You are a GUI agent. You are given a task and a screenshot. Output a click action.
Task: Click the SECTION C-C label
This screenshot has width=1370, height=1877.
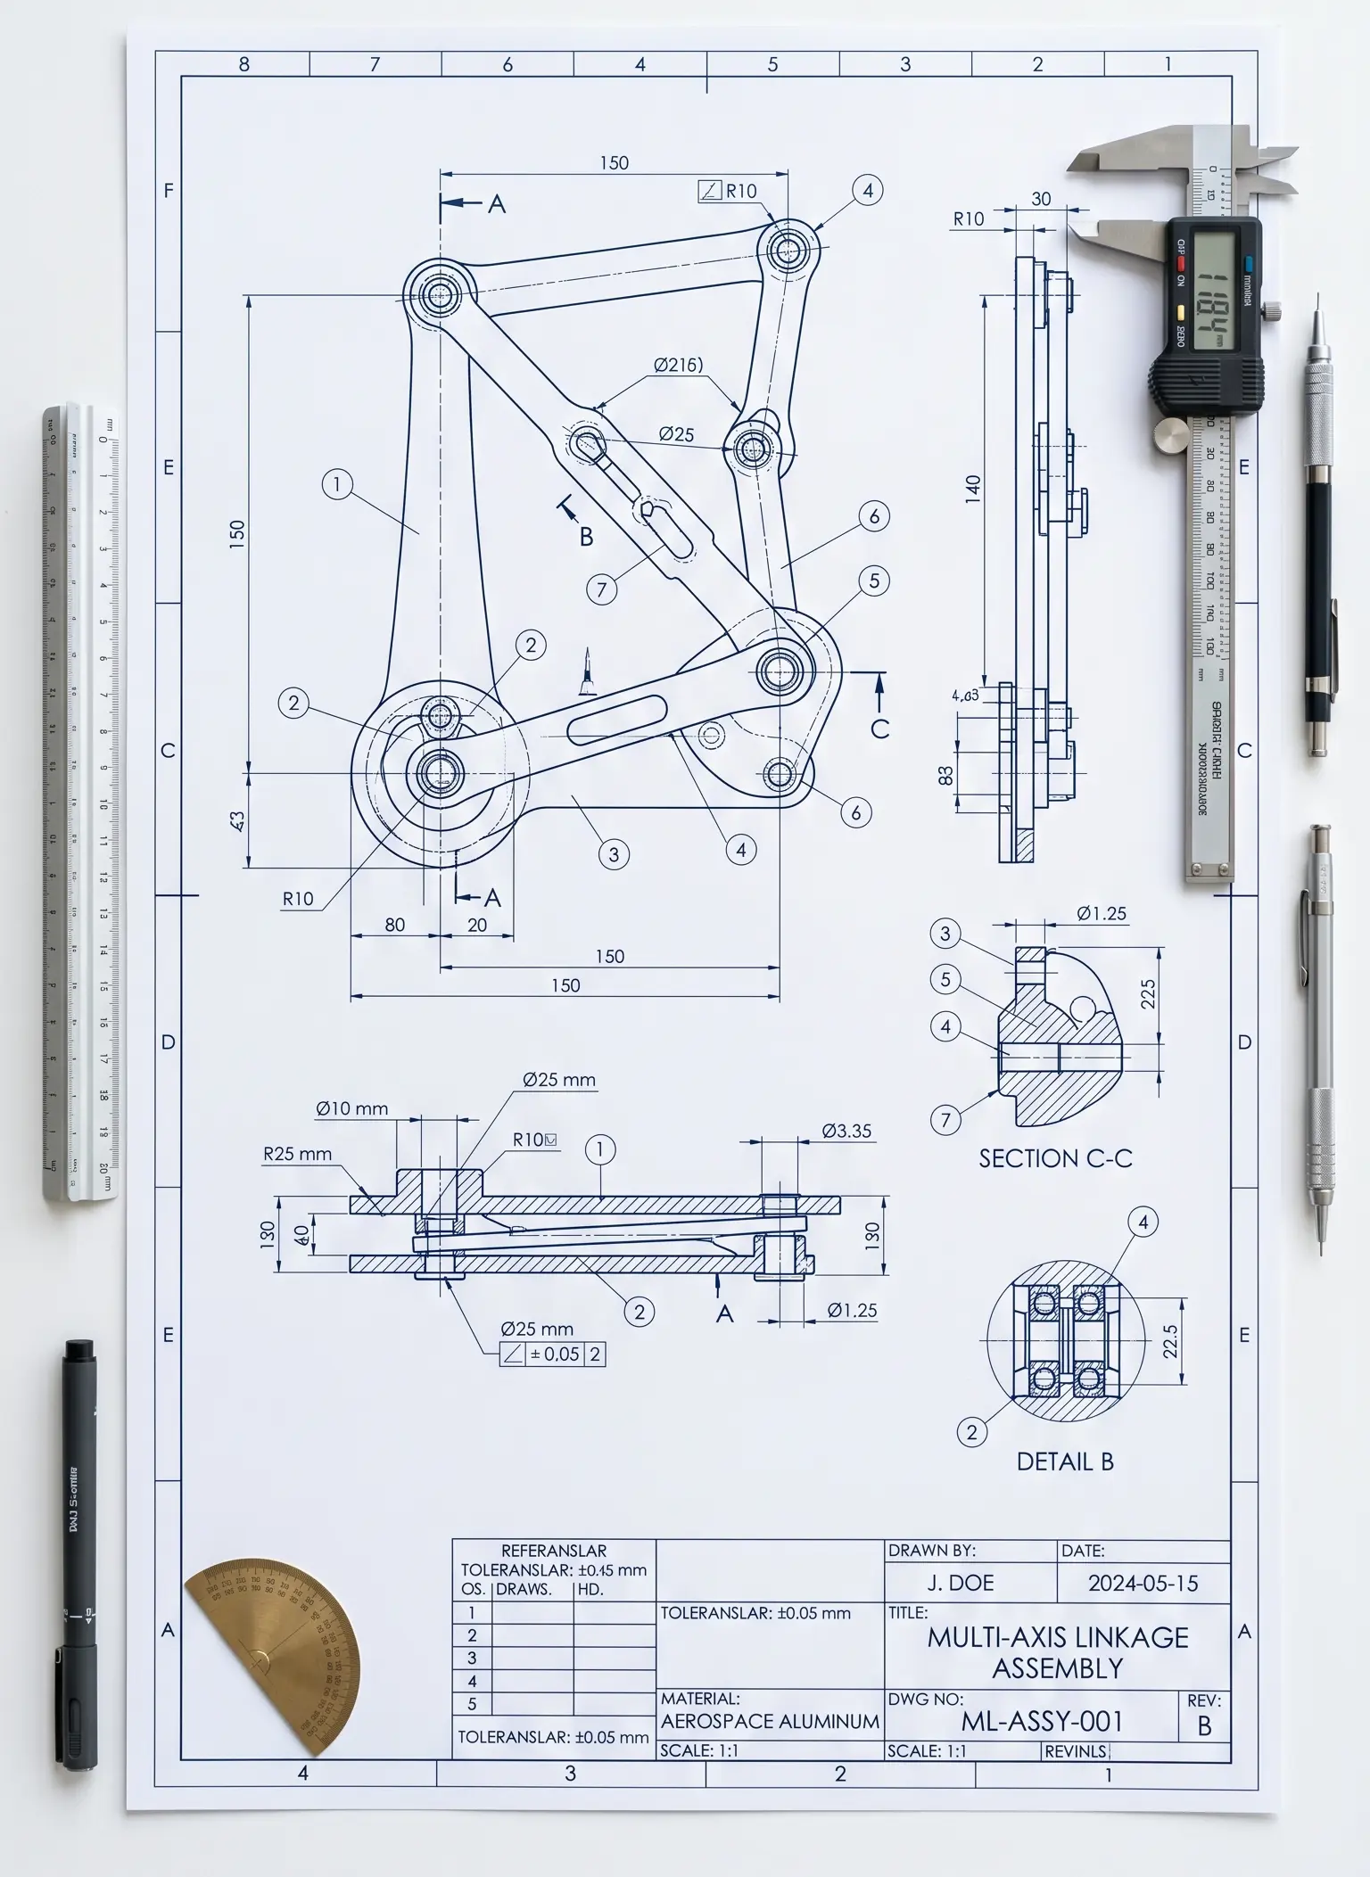pyautogui.click(x=1055, y=1158)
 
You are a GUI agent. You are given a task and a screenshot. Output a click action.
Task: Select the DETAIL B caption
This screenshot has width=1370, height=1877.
pyautogui.click(x=1065, y=1461)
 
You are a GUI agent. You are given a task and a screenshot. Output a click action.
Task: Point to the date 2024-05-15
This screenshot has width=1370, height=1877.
pyautogui.click(x=1143, y=1583)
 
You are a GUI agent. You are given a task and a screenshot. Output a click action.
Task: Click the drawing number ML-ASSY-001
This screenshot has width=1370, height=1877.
pyautogui.click(x=1042, y=1721)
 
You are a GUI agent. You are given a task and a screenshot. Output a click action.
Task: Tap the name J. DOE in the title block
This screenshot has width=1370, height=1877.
pyautogui.click(x=960, y=1583)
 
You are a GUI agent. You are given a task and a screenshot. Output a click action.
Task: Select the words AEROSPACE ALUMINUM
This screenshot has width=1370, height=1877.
pyautogui.click(x=770, y=1721)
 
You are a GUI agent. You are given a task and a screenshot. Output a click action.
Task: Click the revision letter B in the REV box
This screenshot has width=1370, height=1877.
pyautogui.click(x=1204, y=1725)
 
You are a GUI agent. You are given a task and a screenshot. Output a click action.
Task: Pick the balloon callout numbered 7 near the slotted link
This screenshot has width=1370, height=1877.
pyautogui.click(x=602, y=589)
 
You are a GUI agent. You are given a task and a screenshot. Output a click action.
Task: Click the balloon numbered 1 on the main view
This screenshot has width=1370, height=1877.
pyautogui.click(x=337, y=485)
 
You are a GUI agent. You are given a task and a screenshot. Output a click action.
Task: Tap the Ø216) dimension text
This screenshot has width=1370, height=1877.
pyautogui.click(x=678, y=365)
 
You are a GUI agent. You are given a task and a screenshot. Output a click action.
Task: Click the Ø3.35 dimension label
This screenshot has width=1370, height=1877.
pyautogui.click(x=846, y=1131)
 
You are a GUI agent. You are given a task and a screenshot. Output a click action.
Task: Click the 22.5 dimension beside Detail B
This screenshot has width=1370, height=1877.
pyautogui.click(x=1170, y=1340)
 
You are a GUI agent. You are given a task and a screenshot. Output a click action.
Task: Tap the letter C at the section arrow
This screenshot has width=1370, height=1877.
pyautogui.click(x=879, y=729)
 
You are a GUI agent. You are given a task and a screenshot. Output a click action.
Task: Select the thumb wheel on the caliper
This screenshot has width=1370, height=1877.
pyautogui.click(x=1172, y=436)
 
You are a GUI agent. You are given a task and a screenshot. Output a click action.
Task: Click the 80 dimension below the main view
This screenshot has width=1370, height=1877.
pyautogui.click(x=394, y=925)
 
